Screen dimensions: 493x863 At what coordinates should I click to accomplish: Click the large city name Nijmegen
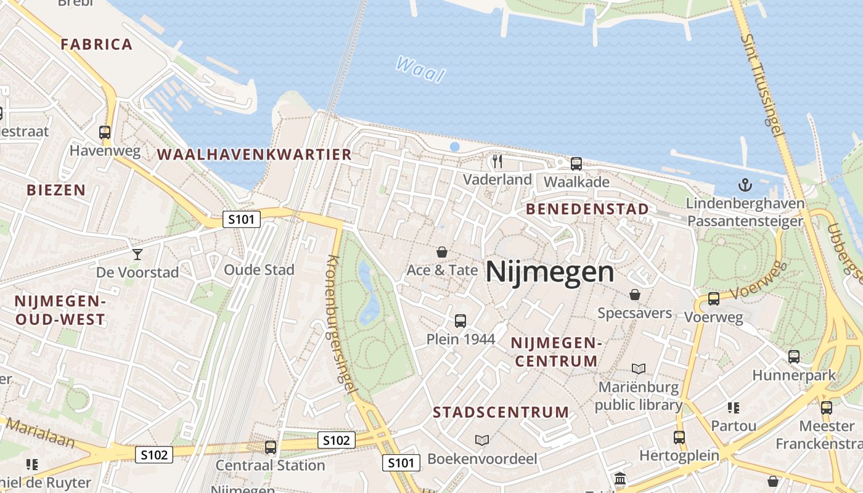point(550,272)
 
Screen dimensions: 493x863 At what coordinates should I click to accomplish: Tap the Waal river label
point(420,69)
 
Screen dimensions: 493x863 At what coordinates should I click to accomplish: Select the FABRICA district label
point(96,44)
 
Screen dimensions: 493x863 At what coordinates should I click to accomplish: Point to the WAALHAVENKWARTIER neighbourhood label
point(255,155)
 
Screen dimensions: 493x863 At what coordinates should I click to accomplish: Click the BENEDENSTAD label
point(587,209)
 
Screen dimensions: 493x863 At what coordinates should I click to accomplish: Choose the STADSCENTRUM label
point(501,412)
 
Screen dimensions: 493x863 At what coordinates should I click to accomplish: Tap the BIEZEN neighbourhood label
point(56,190)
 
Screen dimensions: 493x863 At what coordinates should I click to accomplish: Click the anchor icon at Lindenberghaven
point(746,185)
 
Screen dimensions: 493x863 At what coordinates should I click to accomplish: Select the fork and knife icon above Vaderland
point(497,161)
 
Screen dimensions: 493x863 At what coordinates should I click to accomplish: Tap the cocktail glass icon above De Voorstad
point(137,254)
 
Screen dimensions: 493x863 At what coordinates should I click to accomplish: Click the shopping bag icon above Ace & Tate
point(442,252)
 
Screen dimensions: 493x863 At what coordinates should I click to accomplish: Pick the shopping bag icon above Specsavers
point(634,295)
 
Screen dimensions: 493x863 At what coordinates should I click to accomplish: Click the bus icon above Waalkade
point(576,164)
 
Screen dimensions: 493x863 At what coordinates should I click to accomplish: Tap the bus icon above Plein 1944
point(460,320)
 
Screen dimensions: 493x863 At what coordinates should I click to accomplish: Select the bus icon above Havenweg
point(105,132)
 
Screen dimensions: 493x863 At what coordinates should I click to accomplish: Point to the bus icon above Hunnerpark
point(794,356)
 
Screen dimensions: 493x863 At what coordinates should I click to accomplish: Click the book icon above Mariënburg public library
point(639,369)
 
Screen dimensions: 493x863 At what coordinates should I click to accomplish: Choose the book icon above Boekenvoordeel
point(482,440)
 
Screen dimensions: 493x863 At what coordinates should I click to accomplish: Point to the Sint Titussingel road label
point(763,85)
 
